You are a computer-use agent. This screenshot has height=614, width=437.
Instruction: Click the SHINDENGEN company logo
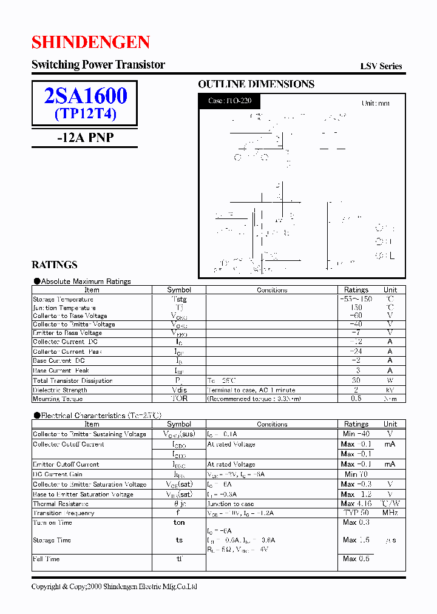(90, 42)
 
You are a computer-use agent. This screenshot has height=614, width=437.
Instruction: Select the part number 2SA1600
(86, 96)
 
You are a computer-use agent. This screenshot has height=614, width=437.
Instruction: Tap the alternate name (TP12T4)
(86, 113)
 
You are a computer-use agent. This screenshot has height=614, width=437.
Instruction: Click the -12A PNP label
(85, 138)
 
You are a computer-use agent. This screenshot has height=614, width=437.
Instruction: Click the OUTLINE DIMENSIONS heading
(256, 84)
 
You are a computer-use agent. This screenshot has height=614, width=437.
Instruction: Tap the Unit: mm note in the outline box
(375, 103)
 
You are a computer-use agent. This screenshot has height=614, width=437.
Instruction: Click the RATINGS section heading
(54, 265)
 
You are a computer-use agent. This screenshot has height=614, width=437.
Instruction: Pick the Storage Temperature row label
(63, 299)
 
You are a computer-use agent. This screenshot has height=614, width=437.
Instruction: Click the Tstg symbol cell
(179, 299)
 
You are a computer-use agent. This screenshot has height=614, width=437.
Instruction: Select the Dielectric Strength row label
(60, 390)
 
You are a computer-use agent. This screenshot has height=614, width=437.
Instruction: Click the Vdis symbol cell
(179, 390)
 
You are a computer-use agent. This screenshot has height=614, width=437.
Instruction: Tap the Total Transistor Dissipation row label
(73, 380)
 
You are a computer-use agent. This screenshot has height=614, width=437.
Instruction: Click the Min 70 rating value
(356, 474)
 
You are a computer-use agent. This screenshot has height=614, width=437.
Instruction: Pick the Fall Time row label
(46, 559)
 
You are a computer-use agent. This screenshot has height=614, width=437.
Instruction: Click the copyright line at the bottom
(114, 587)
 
